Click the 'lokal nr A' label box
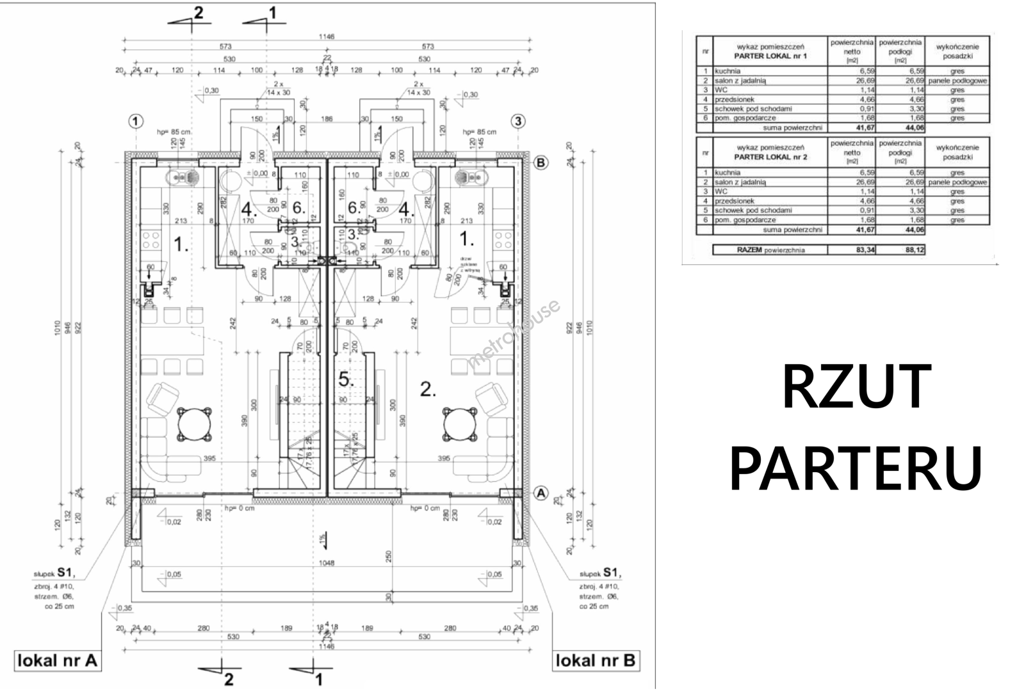pos(57,661)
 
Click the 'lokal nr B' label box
pos(596,661)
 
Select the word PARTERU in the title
pos(856,468)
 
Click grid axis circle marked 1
pos(136,121)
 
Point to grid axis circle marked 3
pos(517,121)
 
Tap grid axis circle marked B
pos(541,163)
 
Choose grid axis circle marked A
pos(541,493)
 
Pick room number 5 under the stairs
pos(346,379)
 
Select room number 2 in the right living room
pos(428,388)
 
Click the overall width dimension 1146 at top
pos(327,37)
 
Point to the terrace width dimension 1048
pos(327,564)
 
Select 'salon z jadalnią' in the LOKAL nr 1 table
pos(740,81)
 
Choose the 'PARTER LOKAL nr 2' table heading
pos(770,157)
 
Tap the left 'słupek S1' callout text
pos(59,574)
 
